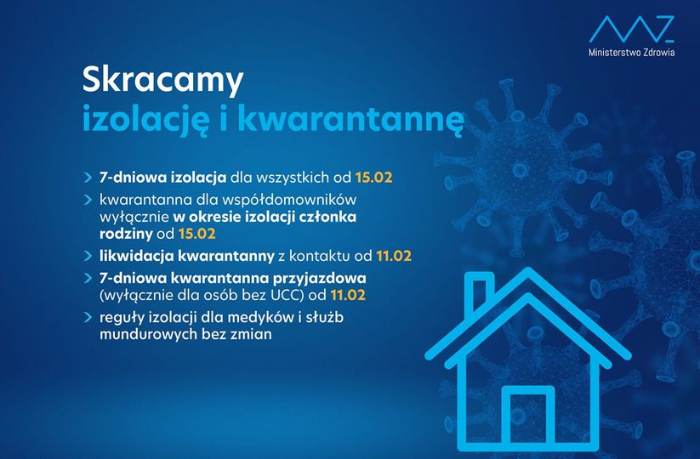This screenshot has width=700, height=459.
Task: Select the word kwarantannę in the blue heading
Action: (x=350, y=119)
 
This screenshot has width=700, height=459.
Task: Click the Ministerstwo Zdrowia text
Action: (x=631, y=53)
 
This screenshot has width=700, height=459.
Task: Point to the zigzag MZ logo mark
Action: (x=631, y=29)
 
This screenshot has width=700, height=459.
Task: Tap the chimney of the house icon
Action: (x=479, y=293)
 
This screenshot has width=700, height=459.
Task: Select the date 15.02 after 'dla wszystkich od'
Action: (x=373, y=178)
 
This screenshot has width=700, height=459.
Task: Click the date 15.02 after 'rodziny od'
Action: (x=196, y=234)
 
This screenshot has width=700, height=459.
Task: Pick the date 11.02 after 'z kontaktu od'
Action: (x=393, y=256)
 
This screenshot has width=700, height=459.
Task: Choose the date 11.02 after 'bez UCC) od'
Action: (x=348, y=295)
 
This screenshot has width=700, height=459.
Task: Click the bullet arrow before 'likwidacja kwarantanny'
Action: (x=88, y=256)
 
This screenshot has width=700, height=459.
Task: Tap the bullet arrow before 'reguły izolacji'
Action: (x=88, y=318)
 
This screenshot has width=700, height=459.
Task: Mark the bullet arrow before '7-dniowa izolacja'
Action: (x=88, y=178)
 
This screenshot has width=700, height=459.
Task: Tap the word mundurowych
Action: (x=149, y=334)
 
